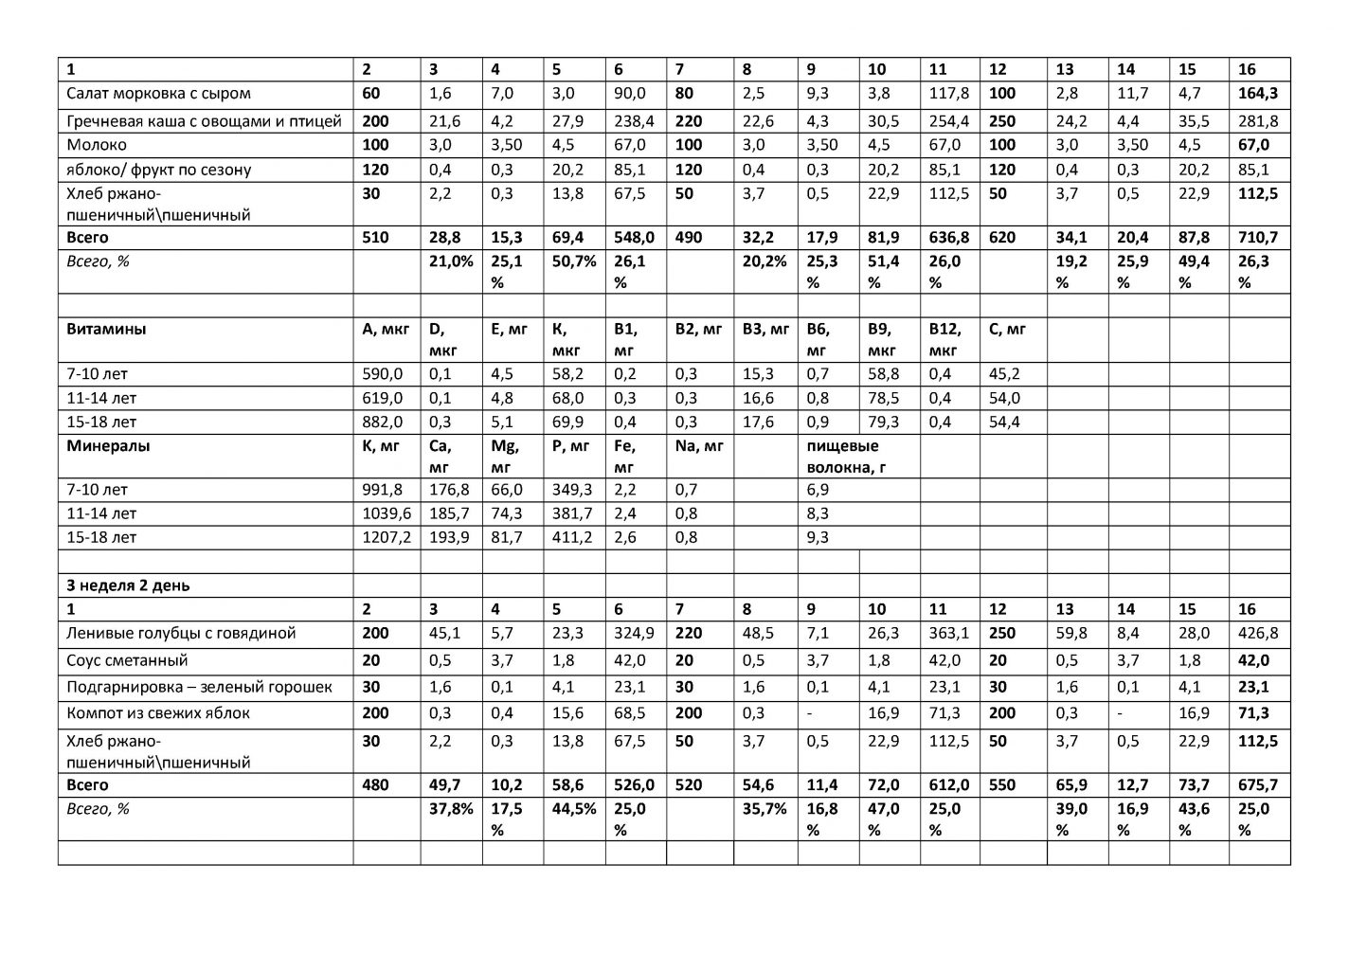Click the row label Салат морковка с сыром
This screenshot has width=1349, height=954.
[x=158, y=94]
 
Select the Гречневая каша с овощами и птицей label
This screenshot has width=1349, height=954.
[x=204, y=121]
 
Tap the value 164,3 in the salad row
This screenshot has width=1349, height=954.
[x=1258, y=94]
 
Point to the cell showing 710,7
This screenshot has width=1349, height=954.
[x=1258, y=238]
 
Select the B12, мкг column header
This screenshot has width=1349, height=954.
[x=944, y=339]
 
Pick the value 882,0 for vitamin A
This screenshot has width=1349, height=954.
[x=383, y=422]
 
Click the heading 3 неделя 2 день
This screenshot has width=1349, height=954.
[x=128, y=585]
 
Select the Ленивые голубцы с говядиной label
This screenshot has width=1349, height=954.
[x=181, y=633]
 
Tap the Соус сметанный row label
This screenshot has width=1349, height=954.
[x=127, y=660]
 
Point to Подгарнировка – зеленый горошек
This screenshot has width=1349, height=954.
[x=199, y=687]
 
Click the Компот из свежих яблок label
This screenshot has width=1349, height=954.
[x=158, y=713]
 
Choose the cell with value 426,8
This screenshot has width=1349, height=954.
[x=1258, y=633]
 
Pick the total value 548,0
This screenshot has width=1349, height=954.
[x=634, y=238]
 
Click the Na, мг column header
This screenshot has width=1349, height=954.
[x=698, y=445]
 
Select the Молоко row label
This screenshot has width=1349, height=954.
[x=97, y=145]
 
